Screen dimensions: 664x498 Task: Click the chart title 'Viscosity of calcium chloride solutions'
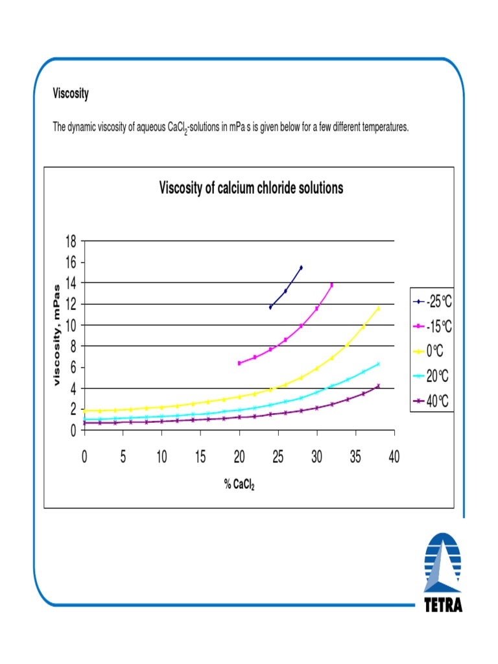coord(251,188)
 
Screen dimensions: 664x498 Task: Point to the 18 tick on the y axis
coord(70,241)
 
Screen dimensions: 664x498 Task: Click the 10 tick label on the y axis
coord(70,325)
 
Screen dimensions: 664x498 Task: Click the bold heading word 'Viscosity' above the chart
coord(71,94)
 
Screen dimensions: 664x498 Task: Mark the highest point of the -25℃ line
coord(301,267)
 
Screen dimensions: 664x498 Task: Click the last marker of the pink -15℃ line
coord(332,285)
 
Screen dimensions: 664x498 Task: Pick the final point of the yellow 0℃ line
coord(378,309)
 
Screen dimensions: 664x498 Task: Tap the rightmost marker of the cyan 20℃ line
coord(378,364)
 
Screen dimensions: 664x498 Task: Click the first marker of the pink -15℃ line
coord(239,363)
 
